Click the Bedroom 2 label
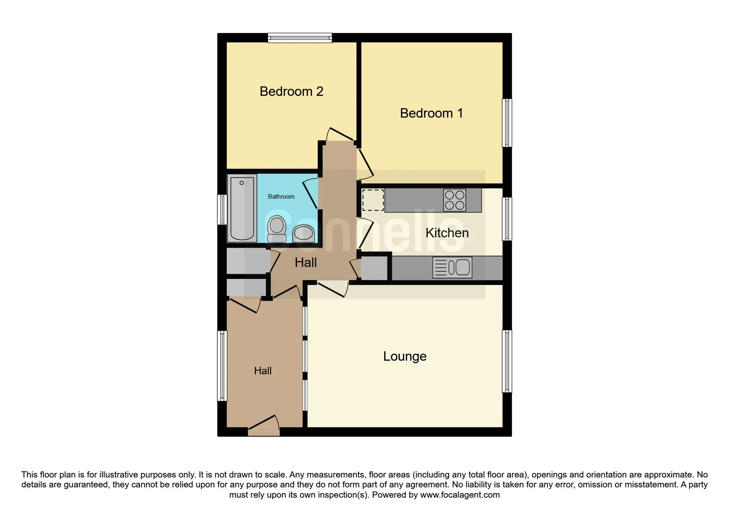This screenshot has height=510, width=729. click(x=291, y=91)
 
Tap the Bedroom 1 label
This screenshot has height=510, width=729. click(x=431, y=113)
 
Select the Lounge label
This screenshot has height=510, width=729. click(x=404, y=356)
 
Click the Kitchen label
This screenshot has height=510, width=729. click(x=447, y=233)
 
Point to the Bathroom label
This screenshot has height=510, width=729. click(x=281, y=197)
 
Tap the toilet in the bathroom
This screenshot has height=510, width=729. click(x=277, y=229)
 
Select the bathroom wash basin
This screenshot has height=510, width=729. click(x=303, y=234)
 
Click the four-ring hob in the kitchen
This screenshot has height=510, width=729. click(x=454, y=200)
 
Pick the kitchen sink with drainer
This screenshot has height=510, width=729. click(x=452, y=267)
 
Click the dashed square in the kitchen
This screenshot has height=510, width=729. click(x=373, y=200)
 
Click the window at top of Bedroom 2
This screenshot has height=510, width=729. click(x=300, y=38)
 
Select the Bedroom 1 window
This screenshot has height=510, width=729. click(x=507, y=123)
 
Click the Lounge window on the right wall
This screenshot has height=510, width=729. click(x=507, y=361)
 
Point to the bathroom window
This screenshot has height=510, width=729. click(x=222, y=209)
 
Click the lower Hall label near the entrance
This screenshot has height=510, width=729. click(x=263, y=371)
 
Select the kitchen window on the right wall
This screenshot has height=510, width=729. click(x=507, y=219)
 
